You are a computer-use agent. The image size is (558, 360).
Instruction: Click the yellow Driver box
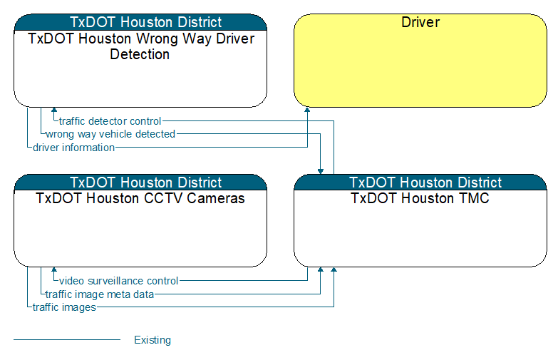[420, 61]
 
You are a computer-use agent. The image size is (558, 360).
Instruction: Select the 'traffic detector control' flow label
[110, 121]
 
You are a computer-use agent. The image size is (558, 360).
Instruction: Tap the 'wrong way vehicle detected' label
[110, 134]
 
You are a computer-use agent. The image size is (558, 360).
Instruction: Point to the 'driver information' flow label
[73, 148]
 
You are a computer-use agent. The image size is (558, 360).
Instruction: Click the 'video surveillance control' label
[118, 281]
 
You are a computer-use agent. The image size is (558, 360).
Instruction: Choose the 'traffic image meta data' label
[100, 294]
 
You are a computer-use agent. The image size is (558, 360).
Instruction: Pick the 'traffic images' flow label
[64, 307]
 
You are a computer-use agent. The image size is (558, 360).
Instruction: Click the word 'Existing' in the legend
[153, 340]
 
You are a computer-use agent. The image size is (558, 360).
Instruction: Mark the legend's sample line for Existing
[67, 340]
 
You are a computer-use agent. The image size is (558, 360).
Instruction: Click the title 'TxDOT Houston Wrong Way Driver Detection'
[140, 46]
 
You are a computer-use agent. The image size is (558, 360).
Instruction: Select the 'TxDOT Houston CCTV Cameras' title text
[140, 198]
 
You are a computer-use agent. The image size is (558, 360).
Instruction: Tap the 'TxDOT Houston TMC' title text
[420, 198]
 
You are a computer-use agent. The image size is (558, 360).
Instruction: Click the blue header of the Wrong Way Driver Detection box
[140, 22]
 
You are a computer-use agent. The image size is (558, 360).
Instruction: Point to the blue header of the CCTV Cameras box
[140, 182]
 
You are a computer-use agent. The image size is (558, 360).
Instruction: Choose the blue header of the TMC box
[420, 182]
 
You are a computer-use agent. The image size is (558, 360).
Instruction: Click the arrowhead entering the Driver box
[307, 110]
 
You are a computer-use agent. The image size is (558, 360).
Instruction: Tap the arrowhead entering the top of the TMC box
[321, 172]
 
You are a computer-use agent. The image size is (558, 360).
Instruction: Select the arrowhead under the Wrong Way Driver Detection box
[54, 110]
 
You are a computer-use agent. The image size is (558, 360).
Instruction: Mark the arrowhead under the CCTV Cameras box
[54, 269]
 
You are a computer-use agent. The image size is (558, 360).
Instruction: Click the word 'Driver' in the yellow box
[420, 22]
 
